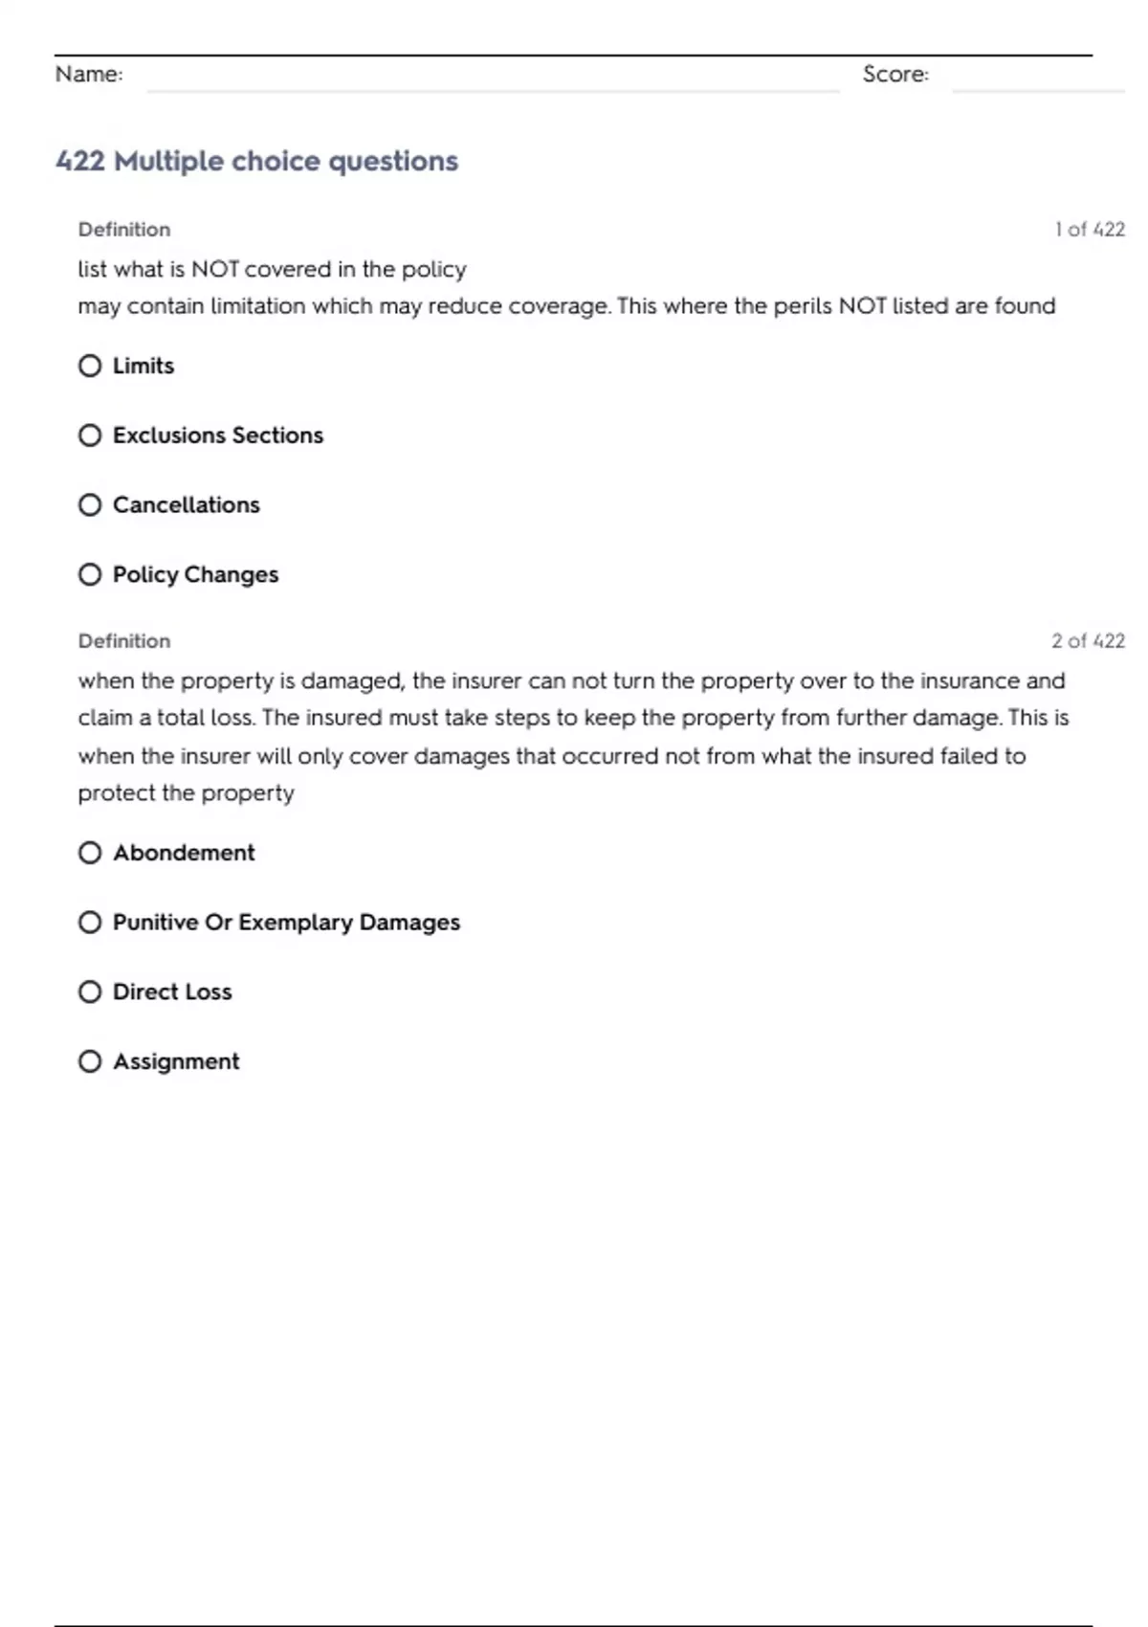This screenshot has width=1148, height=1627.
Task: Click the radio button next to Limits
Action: tap(90, 366)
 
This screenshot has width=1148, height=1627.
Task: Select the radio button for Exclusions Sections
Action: tap(90, 435)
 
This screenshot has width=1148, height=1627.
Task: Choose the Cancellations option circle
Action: tap(90, 504)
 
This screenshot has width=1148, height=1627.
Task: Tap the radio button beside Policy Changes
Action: tap(90, 574)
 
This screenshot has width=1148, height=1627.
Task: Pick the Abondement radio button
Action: tap(90, 853)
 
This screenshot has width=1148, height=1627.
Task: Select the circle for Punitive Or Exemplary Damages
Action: tap(90, 922)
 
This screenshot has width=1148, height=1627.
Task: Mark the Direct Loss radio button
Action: tap(90, 992)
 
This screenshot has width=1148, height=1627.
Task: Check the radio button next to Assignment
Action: tap(90, 1061)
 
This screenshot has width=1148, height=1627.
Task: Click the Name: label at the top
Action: tap(89, 74)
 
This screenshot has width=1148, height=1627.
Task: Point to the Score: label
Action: tap(895, 74)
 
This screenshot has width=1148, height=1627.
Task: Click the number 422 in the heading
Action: tap(80, 161)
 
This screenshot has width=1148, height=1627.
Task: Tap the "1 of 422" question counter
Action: tap(1090, 230)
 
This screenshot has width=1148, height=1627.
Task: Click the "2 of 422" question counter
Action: tap(1088, 641)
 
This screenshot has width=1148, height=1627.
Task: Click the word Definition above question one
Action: tap(124, 230)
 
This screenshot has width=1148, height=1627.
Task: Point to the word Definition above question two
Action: tap(124, 641)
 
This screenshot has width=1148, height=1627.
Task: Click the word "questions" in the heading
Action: tap(393, 161)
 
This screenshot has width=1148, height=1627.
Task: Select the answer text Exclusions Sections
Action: tap(218, 435)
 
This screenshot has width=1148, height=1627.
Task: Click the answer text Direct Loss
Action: tap(172, 992)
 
